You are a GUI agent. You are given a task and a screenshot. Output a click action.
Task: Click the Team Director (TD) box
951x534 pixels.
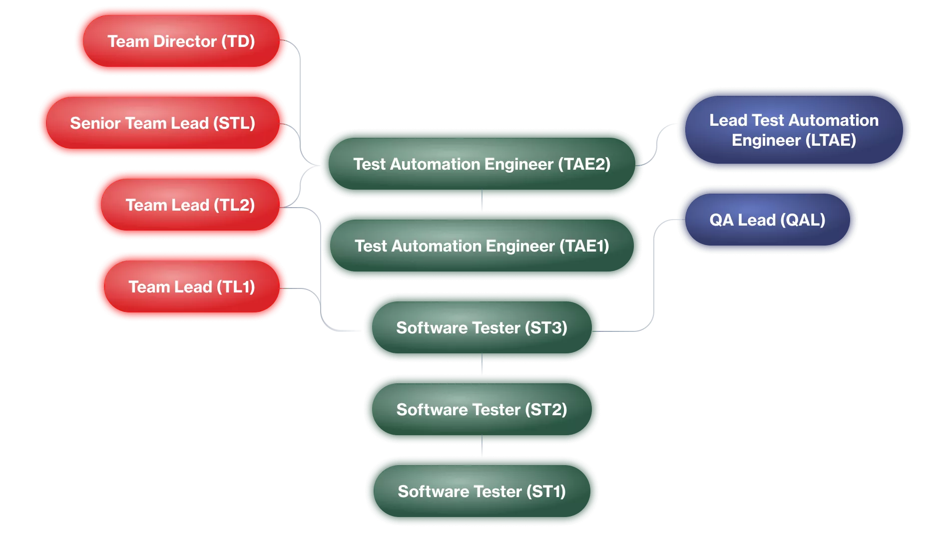(x=181, y=41)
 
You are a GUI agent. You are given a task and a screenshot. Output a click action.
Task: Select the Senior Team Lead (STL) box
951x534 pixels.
(x=162, y=123)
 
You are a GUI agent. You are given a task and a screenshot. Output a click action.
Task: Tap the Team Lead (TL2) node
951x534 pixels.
(x=190, y=205)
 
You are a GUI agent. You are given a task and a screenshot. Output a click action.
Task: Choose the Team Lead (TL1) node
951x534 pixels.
(x=191, y=286)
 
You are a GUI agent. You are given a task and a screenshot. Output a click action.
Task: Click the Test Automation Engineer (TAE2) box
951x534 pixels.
(x=481, y=164)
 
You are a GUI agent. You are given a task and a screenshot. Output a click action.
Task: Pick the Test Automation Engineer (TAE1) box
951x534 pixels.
(x=481, y=246)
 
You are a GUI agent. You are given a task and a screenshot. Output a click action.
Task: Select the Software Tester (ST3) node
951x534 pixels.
(x=481, y=327)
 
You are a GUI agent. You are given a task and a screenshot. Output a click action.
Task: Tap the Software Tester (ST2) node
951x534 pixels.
(x=481, y=409)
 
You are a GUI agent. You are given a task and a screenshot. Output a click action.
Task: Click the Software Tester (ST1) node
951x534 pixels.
(x=481, y=491)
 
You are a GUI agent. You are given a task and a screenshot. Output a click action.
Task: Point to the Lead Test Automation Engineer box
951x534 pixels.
(x=793, y=130)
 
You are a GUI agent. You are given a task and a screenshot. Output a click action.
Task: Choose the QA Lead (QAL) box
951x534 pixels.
(x=767, y=220)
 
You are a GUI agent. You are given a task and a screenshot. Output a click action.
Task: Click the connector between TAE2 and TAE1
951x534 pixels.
(x=481, y=201)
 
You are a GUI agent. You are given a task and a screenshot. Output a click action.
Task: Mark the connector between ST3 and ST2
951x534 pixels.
(x=481, y=364)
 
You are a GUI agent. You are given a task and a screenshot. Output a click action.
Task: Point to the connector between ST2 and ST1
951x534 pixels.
(x=481, y=446)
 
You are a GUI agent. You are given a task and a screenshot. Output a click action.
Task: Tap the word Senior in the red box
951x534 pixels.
(x=95, y=123)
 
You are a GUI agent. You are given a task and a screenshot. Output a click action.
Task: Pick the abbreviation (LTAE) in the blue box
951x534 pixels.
(x=831, y=140)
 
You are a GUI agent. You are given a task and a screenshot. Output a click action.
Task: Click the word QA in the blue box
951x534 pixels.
(x=721, y=220)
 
